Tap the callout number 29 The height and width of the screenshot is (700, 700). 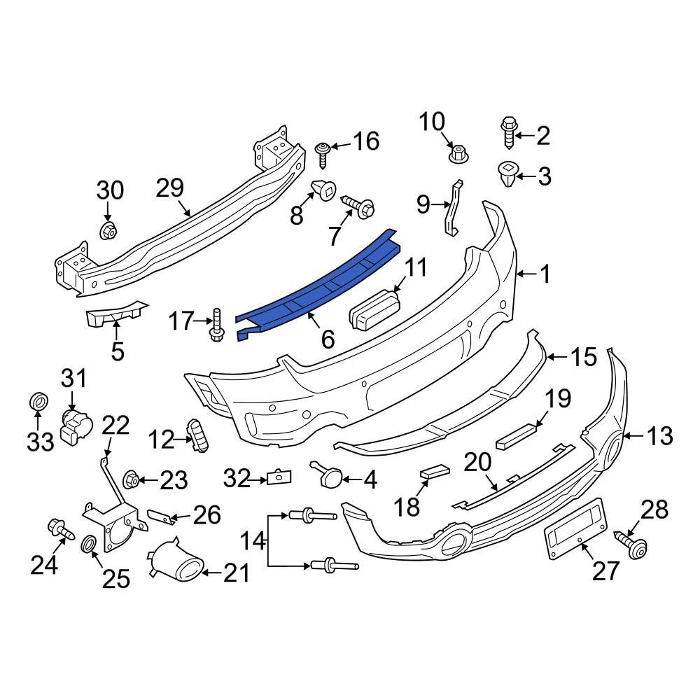(x=169, y=188)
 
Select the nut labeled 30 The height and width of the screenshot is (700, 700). (x=107, y=230)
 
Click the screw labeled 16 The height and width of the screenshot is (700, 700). (x=323, y=153)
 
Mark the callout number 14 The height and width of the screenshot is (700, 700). (x=253, y=540)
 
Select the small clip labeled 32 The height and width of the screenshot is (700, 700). (x=278, y=477)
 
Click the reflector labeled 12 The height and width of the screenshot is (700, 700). (x=200, y=435)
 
